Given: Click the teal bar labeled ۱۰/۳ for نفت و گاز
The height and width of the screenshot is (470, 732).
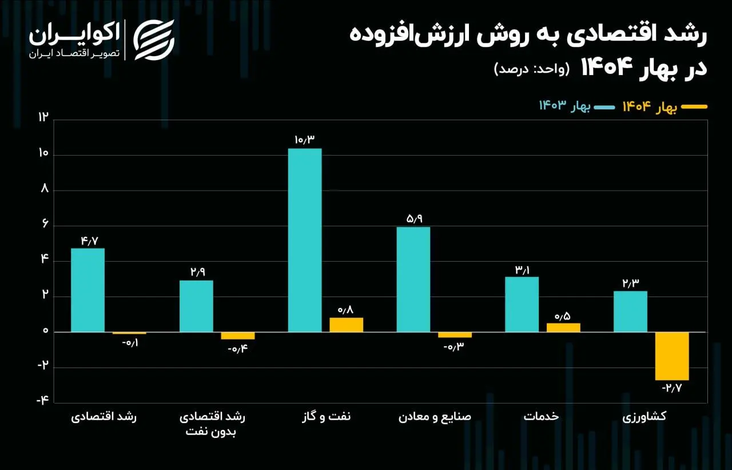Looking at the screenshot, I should point(305,240).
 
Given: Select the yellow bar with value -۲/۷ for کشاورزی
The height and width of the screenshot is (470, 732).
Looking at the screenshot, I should point(672,356).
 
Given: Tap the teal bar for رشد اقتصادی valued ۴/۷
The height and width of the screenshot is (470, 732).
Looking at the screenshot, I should point(87,290).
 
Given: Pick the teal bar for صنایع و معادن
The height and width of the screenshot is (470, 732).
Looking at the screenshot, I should point(413,279).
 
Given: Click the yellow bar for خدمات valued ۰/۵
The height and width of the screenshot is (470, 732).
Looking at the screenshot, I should point(563,327).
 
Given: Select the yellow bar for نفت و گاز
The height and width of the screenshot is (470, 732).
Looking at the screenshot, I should point(346,325).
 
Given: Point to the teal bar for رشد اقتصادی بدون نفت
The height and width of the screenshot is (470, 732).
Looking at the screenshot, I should point(196,306).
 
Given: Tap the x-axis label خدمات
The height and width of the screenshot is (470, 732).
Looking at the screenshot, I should point(541,417).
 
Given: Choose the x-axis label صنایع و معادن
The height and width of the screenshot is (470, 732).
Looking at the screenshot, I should point(435,417).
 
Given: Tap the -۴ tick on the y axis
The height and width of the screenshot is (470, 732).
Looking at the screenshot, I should point(43,401).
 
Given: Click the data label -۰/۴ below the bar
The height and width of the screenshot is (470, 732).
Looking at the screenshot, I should point(238,349).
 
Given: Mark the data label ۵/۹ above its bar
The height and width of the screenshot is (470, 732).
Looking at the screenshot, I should point(413,218).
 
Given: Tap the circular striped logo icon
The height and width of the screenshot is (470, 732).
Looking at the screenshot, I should point(153,40).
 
